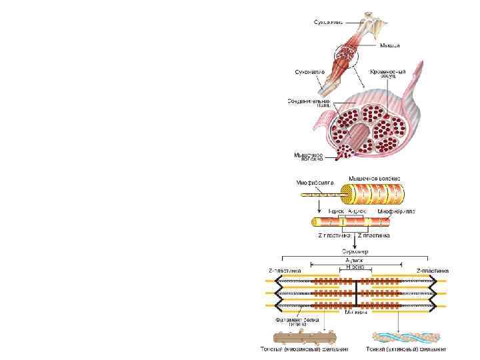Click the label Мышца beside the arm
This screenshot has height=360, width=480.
click(x=390, y=45)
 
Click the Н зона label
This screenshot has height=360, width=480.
click(x=354, y=267)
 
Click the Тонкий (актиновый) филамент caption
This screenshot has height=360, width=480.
click(x=406, y=349)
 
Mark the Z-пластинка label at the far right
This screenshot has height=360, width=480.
click(x=432, y=271)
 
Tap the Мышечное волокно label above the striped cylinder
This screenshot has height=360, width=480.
click(x=376, y=178)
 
